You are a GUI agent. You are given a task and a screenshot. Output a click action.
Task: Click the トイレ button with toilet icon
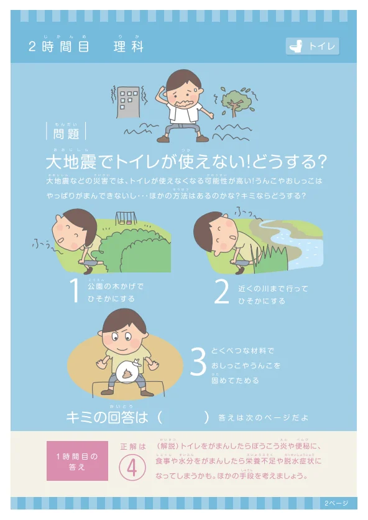pyautogui.click(x=313, y=47)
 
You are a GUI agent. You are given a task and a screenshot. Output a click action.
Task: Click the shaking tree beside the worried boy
pyautogui.click(x=234, y=101)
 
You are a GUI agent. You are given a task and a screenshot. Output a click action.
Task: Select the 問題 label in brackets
pyautogui.click(x=66, y=132)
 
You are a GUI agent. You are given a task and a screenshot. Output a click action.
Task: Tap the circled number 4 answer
pyautogui.click(x=132, y=470)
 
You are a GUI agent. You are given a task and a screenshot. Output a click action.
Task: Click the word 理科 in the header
pyautogui.click(x=129, y=47)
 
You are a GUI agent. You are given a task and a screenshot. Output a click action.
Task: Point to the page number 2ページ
pyautogui.click(x=336, y=503)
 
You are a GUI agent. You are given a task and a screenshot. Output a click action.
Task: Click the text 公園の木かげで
pyautogui.click(x=116, y=286)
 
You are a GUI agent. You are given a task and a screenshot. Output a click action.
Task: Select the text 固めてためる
pyautogui.click(x=235, y=380)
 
